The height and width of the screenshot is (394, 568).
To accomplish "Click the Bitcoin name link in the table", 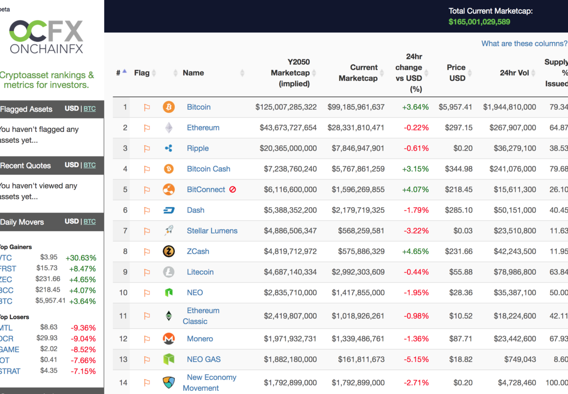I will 198,107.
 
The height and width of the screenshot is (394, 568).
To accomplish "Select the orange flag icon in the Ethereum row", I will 147,128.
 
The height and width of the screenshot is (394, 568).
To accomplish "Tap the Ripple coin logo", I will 169,148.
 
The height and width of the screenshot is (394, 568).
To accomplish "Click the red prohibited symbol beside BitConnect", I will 233,189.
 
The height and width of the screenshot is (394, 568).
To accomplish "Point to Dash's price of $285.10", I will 459,210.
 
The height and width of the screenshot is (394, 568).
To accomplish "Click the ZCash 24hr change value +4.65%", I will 415,251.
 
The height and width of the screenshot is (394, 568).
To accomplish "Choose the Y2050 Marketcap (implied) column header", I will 290,73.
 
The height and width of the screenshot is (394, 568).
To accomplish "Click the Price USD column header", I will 456,73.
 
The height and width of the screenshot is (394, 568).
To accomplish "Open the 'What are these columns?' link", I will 524,43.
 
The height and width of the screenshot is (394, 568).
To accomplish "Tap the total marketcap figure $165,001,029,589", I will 479,22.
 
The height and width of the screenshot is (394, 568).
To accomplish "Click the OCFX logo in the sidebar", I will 46,37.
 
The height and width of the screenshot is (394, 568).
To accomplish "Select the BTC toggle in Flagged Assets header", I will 90,109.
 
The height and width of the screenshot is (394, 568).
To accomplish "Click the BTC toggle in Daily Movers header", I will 90,221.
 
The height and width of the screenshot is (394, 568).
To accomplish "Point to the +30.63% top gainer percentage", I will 80,258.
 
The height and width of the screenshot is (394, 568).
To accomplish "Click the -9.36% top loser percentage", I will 82,328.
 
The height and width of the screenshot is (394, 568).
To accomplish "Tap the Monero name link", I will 200,339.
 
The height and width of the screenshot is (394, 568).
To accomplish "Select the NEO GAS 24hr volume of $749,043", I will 520,359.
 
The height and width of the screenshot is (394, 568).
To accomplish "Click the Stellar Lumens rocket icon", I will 169,231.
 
